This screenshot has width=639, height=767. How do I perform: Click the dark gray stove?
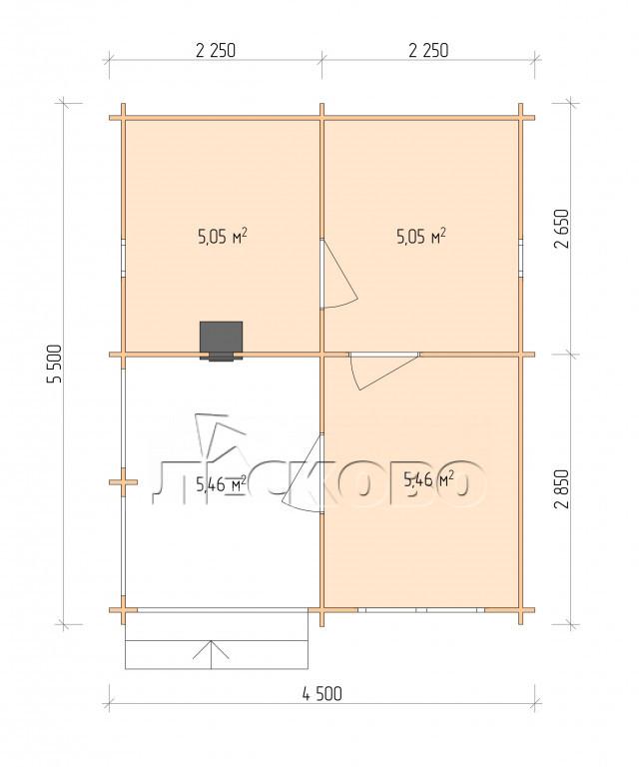(221, 341)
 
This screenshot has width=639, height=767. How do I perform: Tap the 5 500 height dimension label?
(55, 364)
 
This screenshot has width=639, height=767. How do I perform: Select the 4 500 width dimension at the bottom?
(322, 694)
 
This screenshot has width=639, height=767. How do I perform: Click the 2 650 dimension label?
(562, 229)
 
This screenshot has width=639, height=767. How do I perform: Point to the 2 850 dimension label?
(562, 489)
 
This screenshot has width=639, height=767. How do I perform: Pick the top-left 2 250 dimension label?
(216, 50)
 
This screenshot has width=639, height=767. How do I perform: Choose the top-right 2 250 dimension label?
(428, 50)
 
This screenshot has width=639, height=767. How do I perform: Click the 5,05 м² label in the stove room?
(222, 237)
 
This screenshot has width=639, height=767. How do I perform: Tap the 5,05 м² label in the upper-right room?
(421, 237)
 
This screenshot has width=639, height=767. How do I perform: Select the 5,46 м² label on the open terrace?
(221, 484)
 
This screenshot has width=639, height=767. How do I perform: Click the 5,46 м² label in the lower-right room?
(428, 479)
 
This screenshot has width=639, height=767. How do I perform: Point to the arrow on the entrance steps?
(211, 654)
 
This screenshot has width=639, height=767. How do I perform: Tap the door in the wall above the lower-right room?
(383, 371)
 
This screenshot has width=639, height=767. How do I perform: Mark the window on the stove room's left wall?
(123, 259)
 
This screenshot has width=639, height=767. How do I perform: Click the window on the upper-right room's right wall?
(521, 259)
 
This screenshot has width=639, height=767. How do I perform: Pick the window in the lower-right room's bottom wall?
(421, 610)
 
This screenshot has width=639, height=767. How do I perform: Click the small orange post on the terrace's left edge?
(123, 482)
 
